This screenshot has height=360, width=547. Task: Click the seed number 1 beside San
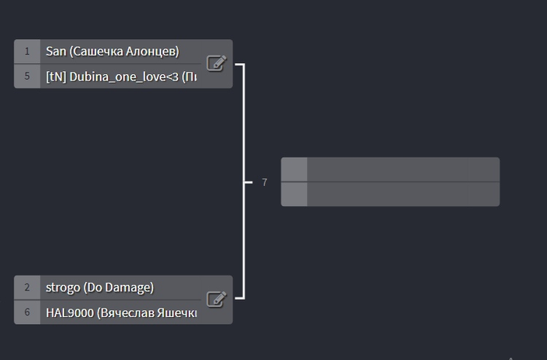coord(27,52)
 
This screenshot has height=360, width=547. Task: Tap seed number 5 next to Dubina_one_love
coord(27,77)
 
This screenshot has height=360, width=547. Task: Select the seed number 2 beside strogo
coord(27,287)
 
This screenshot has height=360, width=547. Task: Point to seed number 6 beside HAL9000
coord(27,312)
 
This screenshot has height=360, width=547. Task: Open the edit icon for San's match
coord(216,63)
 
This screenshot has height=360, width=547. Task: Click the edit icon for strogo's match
coord(216,299)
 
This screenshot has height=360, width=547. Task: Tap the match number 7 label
coord(265,182)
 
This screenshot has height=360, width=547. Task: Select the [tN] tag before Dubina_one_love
coord(55,77)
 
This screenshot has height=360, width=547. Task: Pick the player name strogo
coord(63,287)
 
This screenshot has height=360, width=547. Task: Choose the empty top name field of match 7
coord(402,169)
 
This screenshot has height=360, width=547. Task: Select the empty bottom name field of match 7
coord(402,194)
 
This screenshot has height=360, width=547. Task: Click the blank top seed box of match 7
coord(294,169)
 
